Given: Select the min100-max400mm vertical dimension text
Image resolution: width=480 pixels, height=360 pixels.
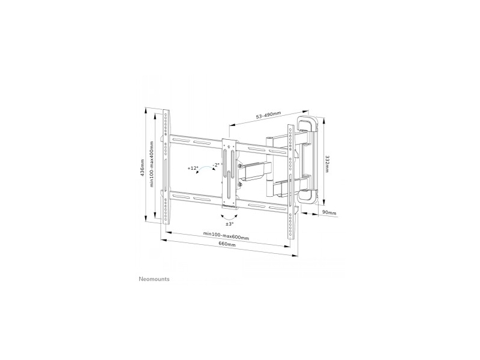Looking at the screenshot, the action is [x=152, y=164].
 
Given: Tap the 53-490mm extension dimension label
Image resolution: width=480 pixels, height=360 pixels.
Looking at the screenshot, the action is [x=268, y=115].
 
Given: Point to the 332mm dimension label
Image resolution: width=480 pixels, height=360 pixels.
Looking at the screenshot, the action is [x=327, y=164].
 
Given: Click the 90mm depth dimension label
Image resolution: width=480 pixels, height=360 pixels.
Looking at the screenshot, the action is [x=329, y=213].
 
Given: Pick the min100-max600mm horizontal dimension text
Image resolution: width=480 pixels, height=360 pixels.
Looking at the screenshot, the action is [x=226, y=235].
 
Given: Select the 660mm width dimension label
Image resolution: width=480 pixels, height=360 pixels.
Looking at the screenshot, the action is [x=227, y=244].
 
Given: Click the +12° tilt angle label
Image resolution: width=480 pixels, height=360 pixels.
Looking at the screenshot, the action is [x=193, y=168].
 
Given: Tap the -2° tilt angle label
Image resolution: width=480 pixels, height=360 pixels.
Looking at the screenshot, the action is [x=217, y=164].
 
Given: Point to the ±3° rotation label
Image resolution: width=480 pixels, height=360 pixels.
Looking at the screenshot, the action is [x=230, y=224].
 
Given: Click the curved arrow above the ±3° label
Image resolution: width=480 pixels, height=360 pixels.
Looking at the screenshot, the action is [x=230, y=218].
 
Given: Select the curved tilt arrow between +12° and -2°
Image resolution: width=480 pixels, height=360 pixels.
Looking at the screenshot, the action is [x=205, y=169].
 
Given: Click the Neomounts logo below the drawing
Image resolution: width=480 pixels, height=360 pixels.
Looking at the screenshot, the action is [x=154, y=279].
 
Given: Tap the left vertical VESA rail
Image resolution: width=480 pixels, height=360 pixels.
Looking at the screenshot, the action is [x=166, y=167].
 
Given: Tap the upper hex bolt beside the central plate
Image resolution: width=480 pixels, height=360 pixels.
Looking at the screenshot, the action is [x=239, y=166].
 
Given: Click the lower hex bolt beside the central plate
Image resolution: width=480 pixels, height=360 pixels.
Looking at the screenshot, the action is [x=239, y=185].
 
